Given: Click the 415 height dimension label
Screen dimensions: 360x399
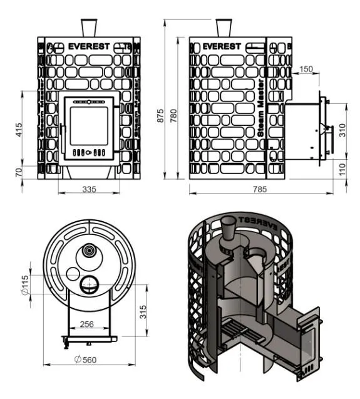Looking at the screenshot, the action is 19,130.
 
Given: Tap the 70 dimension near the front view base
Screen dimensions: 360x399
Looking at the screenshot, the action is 19,173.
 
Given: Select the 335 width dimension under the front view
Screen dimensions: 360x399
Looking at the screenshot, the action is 90,189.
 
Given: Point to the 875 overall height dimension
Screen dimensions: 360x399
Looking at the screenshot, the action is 160,116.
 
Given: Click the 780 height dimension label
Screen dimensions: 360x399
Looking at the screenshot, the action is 173,116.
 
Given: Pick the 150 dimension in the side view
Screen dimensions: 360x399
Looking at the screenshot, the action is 306,69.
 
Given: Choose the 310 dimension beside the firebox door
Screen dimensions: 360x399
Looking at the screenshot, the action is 342,130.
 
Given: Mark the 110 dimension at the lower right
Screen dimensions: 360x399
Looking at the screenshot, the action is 342,169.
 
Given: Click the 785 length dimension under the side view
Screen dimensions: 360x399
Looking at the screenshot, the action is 260,189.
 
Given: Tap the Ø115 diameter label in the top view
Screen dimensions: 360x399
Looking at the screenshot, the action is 25,285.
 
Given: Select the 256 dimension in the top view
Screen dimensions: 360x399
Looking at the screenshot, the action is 87,324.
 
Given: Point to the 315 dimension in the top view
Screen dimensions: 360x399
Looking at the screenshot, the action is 143,312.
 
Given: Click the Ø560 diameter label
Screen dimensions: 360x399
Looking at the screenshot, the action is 86,360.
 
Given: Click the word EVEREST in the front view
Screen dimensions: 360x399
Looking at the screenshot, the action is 89,46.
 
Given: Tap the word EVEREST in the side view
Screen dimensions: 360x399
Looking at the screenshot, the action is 222,46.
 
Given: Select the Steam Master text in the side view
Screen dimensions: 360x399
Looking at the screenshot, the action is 261,108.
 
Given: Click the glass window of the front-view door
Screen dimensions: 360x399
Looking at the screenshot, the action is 89,127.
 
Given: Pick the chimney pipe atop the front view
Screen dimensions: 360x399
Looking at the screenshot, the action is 89,28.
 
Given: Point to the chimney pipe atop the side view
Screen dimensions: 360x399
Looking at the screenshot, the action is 224,28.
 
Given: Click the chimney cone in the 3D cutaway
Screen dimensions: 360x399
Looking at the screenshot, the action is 229,229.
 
